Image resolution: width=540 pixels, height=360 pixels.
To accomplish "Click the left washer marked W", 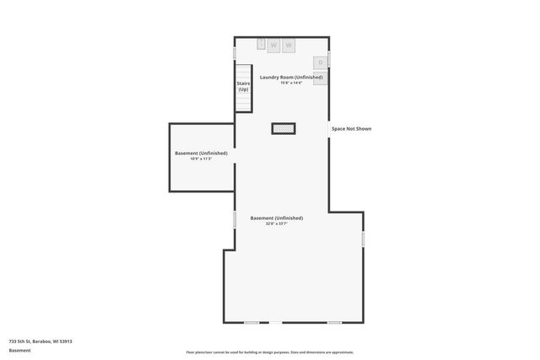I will [x=273, y=45].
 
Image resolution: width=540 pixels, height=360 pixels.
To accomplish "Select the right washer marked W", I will [x=289, y=45].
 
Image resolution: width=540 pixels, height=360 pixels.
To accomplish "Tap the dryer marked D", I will [x=321, y=62].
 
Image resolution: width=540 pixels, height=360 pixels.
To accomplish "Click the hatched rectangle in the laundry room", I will [x=283, y=128].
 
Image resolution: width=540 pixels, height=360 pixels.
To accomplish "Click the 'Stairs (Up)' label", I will [x=243, y=86].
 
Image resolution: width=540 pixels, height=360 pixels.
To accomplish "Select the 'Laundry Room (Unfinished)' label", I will [x=291, y=77].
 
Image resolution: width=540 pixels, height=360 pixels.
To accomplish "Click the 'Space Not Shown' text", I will [x=351, y=128].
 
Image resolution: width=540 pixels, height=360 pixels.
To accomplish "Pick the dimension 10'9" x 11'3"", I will [x=201, y=159].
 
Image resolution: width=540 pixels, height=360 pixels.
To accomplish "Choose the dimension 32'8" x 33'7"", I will [x=277, y=223].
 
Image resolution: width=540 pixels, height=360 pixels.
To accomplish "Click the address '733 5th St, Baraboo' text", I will [x=40, y=341].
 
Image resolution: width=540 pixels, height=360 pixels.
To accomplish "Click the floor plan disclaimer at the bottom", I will [x=270, y=352].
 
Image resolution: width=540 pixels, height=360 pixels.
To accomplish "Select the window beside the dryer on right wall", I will [x=328, y=59].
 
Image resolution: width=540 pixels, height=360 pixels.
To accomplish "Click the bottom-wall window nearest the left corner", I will [x=251, y=322].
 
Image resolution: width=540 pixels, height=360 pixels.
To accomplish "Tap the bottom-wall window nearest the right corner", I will [x=334, y=322].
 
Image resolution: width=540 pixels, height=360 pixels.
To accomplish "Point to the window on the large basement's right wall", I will [x=364, y=239].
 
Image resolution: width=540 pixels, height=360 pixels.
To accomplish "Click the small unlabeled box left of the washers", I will [x=262, y=42].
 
